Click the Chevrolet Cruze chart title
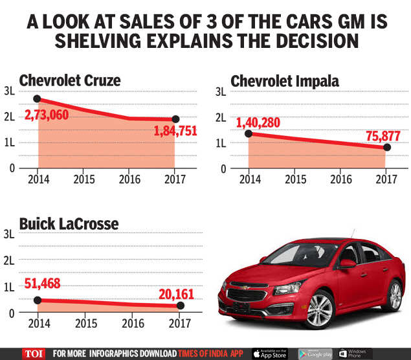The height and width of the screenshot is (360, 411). tap(70, 81)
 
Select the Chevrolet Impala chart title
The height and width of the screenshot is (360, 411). tap(285, 81)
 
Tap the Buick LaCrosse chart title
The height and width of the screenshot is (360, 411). tap(69, 224)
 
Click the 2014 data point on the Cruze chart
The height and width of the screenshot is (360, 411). tap(38, 99)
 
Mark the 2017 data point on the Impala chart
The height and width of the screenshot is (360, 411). tap(387, 147)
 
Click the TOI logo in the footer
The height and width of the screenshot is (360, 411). tap(32, 354)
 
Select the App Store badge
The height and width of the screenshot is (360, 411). tap(270, 354)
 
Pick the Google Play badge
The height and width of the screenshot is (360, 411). tap(315, 354)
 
